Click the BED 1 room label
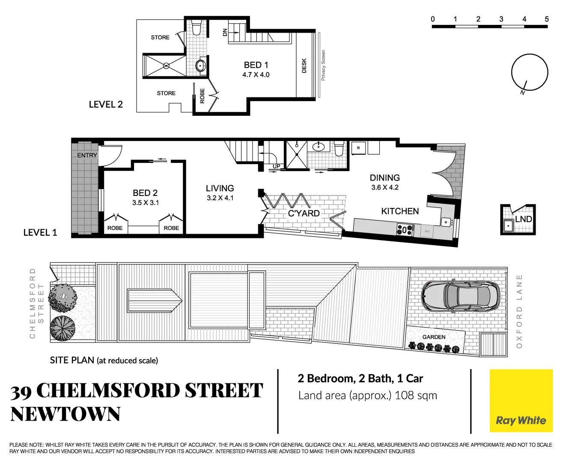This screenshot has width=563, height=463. coord(256,65)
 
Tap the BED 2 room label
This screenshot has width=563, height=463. coord(145,193)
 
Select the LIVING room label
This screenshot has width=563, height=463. coord(220,188)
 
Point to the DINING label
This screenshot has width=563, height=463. coord(384,177)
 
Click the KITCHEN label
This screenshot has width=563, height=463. coord(400,211)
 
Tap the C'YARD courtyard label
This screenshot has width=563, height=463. coord(304,213)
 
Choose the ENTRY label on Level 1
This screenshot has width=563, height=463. coord(87,155)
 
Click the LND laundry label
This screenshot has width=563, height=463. coord(523,219)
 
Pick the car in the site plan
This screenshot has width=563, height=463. coord(460,296)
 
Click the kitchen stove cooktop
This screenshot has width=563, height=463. coord(405,230)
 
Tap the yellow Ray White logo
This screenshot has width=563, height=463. coord(521,401)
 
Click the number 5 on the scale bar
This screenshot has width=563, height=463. coord(547,19)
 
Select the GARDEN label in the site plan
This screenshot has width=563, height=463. coord(434,337)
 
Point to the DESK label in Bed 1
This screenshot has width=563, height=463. coord(304,66)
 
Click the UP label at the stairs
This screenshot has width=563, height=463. coord(277,166)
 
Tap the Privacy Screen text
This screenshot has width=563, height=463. coord(323,65)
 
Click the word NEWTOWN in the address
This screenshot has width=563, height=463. coord(65,414)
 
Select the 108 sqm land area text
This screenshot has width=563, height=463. coord(415,395)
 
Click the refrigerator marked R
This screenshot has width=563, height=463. coord(358,148)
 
